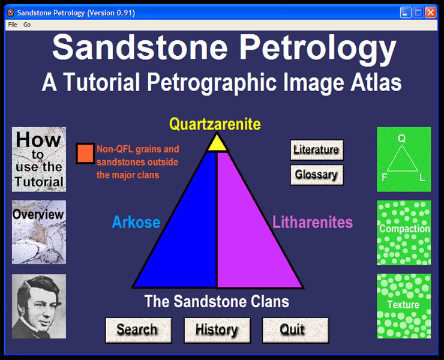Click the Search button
[139, 330]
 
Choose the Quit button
[295, 330]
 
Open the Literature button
[317, 150]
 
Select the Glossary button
[317, 175]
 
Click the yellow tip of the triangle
[217, 144]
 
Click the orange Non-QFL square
[85, 153]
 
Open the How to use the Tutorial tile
[39, 159]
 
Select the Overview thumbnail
[39, 232]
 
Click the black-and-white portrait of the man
[39, 306]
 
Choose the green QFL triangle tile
[404, 159]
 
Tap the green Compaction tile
[404, 233]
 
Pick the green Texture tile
[404, 306]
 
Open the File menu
[13, 25]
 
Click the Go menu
[27, 25]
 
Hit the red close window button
[431, 13]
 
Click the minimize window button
[406, 13]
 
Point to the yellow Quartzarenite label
[215, 124]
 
